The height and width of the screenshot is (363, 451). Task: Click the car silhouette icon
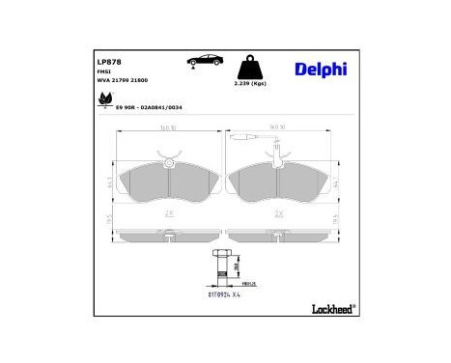[x=204, y=60]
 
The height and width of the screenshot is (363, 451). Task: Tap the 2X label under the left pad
[x=168, y=213]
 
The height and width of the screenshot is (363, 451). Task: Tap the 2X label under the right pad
[x=279, y=213]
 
